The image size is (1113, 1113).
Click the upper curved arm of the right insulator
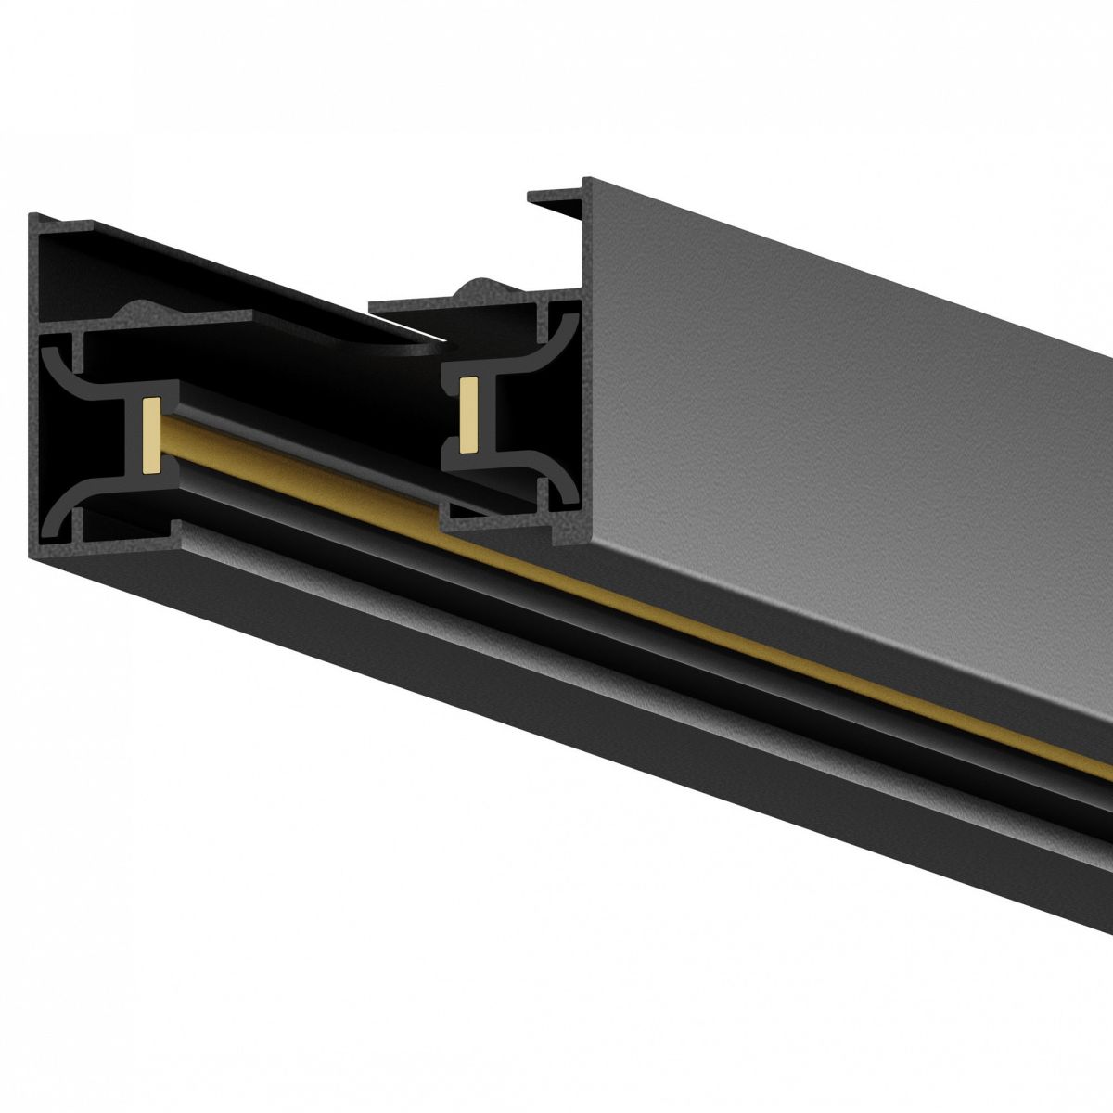pos(547,339)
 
